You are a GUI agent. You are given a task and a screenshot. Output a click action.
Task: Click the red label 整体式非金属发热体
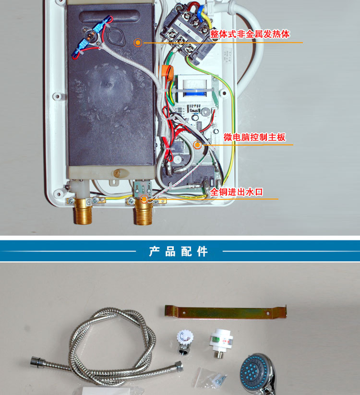click(250, 34)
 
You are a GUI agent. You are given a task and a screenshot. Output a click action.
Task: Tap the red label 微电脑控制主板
click(254, 137)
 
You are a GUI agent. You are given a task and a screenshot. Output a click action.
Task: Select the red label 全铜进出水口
click(236, 192)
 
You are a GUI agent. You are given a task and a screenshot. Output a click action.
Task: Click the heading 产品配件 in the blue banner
click(179, 251)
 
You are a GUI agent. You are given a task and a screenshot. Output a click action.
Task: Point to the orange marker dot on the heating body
click(138, 43)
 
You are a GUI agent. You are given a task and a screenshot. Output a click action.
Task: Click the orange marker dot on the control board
click(197, 144)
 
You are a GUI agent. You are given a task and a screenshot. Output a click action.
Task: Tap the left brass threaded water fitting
click(83, 213)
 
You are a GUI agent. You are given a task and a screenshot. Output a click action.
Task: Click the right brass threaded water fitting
click(144, 213)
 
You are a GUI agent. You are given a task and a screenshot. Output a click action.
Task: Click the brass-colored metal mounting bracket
click(226, 312)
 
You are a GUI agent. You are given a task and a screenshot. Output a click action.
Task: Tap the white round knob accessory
click(185, 342)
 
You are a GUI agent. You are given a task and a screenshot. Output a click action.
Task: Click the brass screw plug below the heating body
click(118, 173)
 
